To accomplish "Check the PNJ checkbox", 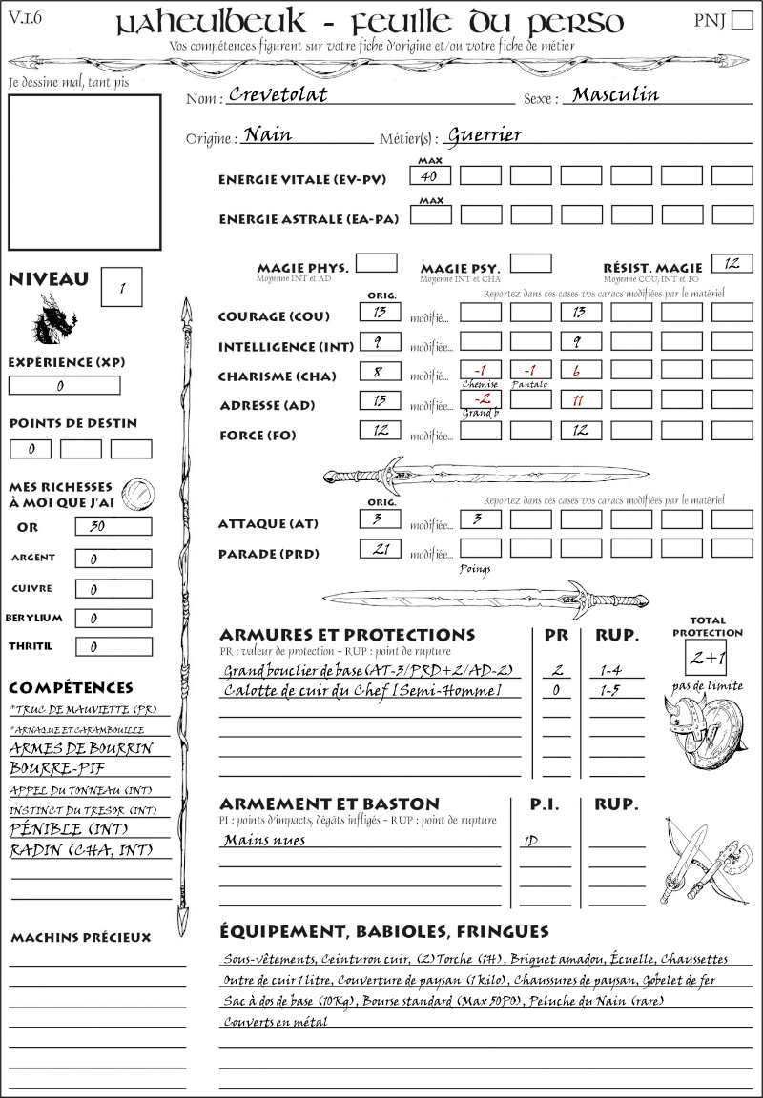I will tap(740, 21).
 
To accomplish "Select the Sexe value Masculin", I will tap(615, 95).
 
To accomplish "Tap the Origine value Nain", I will tap(268, 135).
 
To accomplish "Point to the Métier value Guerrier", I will tap(485, 135).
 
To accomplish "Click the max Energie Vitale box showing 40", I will tap(429, 175).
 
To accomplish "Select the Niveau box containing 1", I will tap(123, 286).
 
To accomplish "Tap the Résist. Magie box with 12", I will tap(732, 263).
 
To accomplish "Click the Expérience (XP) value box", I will tap(64, 385).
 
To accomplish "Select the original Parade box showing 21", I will tap(380, 549).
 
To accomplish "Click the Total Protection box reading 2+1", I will tap(707, 658).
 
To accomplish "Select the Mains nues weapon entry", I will tap(264, 841).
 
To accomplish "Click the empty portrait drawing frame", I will tap(84, 172).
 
